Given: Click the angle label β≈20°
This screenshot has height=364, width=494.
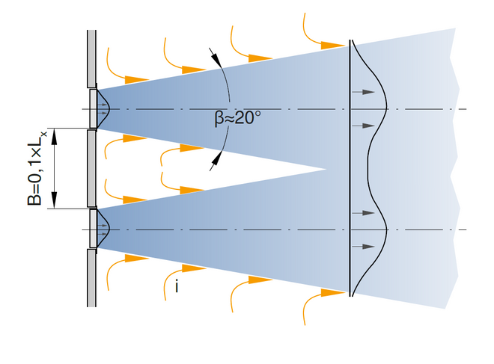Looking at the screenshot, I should click(x=237, y=119).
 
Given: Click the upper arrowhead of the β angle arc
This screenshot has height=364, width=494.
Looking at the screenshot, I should click(x=216, y=57).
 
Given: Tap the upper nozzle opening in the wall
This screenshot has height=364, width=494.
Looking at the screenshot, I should click(x=93, y=109).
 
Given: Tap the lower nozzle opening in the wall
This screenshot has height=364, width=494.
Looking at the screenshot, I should click(x=93, y=229).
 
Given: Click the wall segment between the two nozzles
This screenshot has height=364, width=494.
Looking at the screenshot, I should click(x=92, y=168).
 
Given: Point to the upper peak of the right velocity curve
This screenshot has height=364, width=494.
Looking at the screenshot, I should click(x=385, y=109).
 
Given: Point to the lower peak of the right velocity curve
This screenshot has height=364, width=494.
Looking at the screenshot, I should click(x=385, y=229).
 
